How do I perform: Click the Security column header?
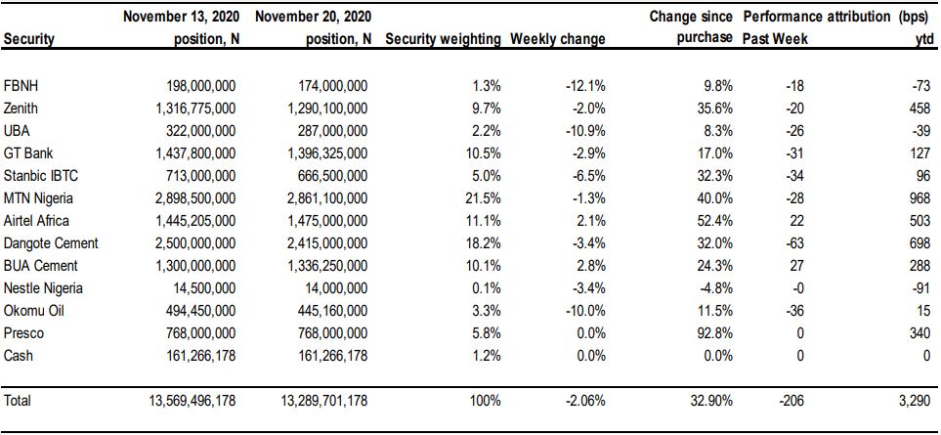(28, 40)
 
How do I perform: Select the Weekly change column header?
(558, 40)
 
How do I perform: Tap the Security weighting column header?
(443, 40)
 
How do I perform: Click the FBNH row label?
(21, 86)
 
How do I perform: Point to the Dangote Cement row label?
(51, 243)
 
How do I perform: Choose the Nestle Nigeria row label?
(43, 288)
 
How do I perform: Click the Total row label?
(17, 400)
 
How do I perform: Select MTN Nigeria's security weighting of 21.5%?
(485, 198)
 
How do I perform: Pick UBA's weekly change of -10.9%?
(585, 131)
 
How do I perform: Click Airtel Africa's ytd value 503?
(923, 221)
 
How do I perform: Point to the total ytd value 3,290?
(919, 400)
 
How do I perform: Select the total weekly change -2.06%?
(585, 400)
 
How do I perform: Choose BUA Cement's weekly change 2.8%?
(591, 266)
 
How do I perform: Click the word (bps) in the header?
(917, 18)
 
